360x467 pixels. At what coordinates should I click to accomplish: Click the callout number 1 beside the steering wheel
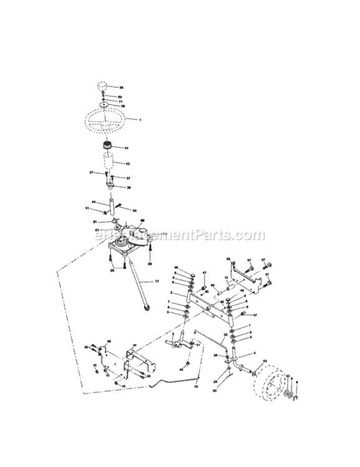point(140,119)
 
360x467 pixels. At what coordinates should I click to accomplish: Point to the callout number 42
point(128,164)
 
